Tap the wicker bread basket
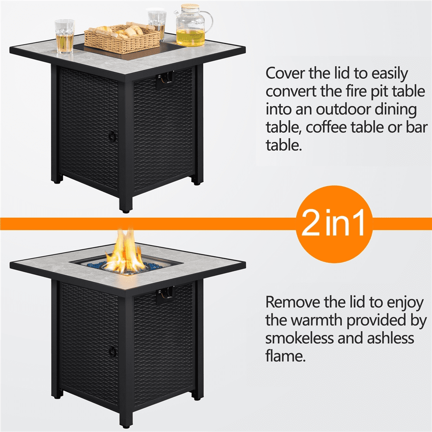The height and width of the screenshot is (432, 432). [122, 38]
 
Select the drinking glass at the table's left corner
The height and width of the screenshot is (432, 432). [64, 36]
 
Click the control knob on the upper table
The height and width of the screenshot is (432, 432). [169, 78]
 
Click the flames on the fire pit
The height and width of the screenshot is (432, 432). [125, 251]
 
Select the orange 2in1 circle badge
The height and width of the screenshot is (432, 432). [334, 224]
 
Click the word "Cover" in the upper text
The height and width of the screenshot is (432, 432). [285, 73]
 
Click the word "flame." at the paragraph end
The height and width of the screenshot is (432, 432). [286, 356]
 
